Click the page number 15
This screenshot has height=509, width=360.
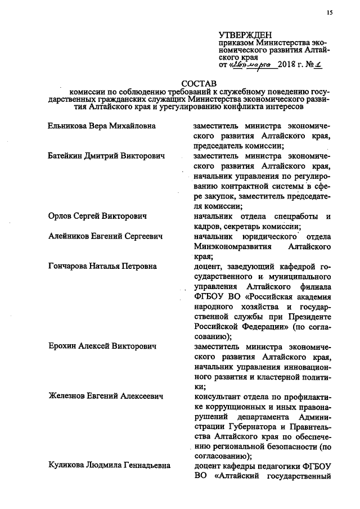coord(330,12)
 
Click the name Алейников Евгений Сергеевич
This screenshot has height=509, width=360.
coord(105,237)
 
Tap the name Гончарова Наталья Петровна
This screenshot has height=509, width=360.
coord(102,267)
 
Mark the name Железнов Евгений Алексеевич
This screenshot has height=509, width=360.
coord(105,397)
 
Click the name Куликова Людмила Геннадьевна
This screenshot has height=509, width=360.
coord(108,467)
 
